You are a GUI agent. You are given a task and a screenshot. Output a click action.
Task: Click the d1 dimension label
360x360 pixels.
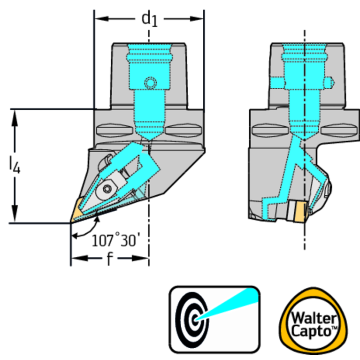pos(149,19)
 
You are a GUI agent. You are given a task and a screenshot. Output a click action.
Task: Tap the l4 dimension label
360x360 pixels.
pos(15,166)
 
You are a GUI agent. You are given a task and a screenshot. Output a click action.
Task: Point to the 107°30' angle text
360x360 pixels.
pos(115,241)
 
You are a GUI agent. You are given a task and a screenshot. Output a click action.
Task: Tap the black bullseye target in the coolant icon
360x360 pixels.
pos(192,319)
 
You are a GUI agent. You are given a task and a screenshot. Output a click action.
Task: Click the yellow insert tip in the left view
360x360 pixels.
pos(77,210)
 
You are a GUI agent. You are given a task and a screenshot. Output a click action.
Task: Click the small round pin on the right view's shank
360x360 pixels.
pos(330,83)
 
